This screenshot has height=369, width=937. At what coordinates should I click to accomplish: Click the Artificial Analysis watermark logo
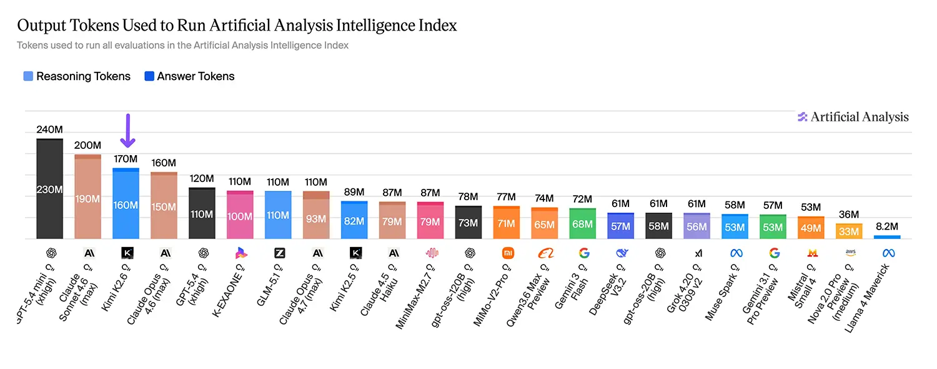click(x=853, y=117)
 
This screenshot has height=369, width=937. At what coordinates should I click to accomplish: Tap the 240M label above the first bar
click(x=50, y=129)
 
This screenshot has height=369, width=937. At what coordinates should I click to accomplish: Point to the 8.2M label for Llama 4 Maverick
click(x=887, y=226)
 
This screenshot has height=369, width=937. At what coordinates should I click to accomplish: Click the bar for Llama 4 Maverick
click(x=887, y=237)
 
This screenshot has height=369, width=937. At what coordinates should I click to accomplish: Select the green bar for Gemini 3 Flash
click(x=583, y=224)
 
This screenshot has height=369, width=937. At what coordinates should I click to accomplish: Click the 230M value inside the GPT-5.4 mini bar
click(x=50, y=190)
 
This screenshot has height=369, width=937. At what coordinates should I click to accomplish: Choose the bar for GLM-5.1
click(x=278, y=215)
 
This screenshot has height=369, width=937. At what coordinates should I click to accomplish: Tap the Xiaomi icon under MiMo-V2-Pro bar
click(x=508, y=253)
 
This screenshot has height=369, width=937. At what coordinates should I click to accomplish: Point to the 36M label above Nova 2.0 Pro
click(x=849, y=215)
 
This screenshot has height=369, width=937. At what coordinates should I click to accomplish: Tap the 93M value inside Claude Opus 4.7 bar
click(x=316, y=219)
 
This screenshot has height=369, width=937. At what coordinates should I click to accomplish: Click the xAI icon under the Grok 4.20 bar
click(x=698, y=253)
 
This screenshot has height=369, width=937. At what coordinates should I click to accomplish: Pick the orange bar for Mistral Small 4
click(x=811, y=228)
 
